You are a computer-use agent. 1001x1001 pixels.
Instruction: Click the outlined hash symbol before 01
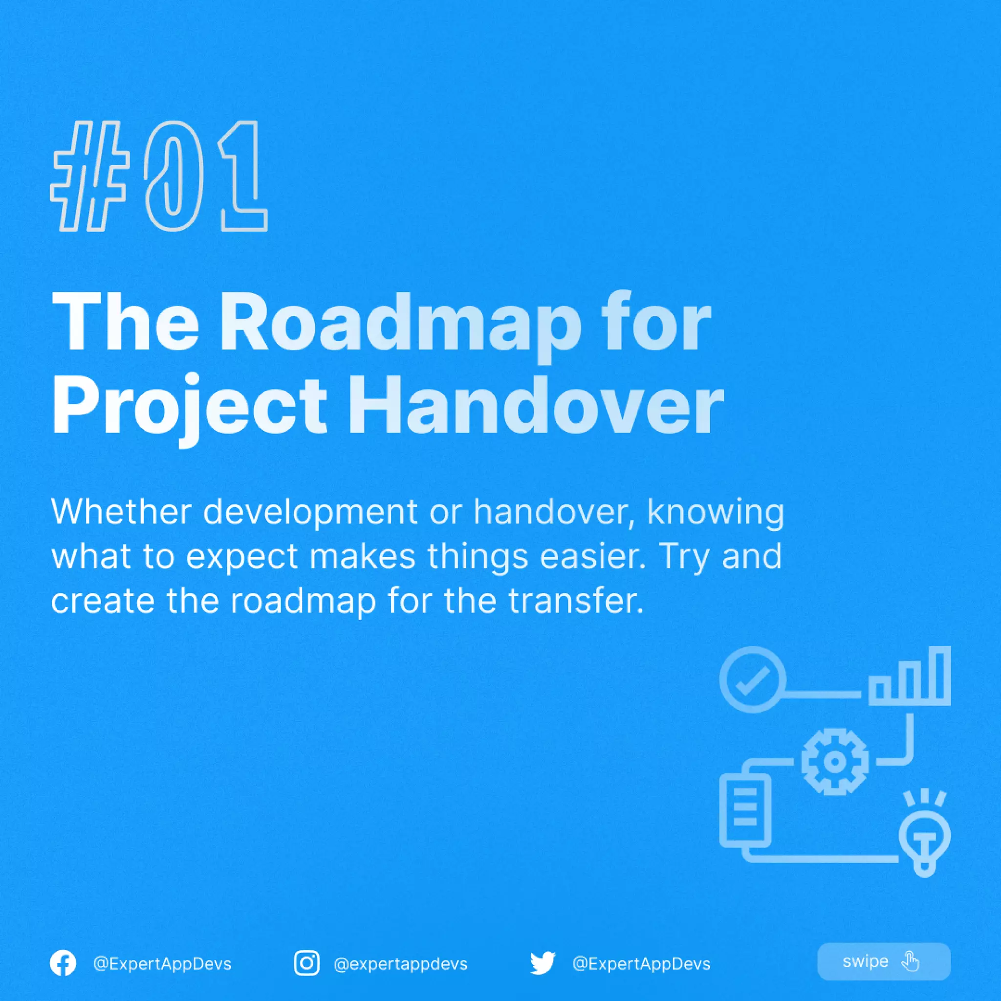coord(89,176)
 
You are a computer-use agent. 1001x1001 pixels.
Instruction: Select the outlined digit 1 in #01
coord(241,176)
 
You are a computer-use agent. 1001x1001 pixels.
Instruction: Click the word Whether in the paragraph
coord(121,512)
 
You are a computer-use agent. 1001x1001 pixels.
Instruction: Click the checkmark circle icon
coord(752,679)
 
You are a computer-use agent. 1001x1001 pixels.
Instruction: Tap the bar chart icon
coord(910,676)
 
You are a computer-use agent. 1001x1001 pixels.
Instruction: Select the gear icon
coord(834,762)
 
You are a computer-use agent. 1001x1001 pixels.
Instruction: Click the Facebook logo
coord(63,963)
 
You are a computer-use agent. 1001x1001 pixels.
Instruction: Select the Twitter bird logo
coord(543,963)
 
